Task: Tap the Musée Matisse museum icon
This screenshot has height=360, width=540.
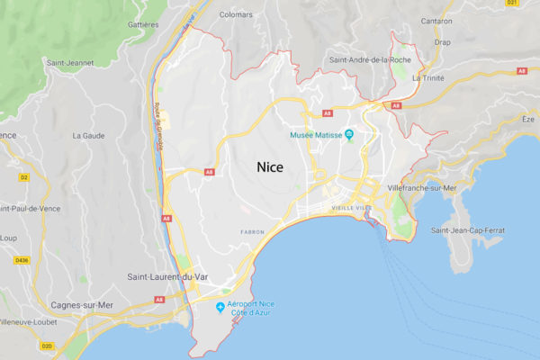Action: pos(349,135)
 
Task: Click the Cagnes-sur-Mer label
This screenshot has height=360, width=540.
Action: pos(82,305)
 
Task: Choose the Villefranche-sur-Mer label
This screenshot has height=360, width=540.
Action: pos(422,187)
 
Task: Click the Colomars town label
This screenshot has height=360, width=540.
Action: pos(236,13)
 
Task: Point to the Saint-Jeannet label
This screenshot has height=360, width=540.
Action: pos(68,62)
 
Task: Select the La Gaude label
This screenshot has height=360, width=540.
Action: pos(88,136)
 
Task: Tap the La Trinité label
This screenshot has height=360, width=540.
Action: pos(428,78)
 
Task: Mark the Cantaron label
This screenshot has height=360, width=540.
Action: pos(436,21)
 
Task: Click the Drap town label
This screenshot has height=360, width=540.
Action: pos(442,42)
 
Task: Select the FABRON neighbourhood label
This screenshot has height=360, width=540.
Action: pos(252,232)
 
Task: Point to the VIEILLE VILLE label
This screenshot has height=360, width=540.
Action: pos(351,208)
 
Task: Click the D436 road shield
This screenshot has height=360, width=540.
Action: pos(22,262)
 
